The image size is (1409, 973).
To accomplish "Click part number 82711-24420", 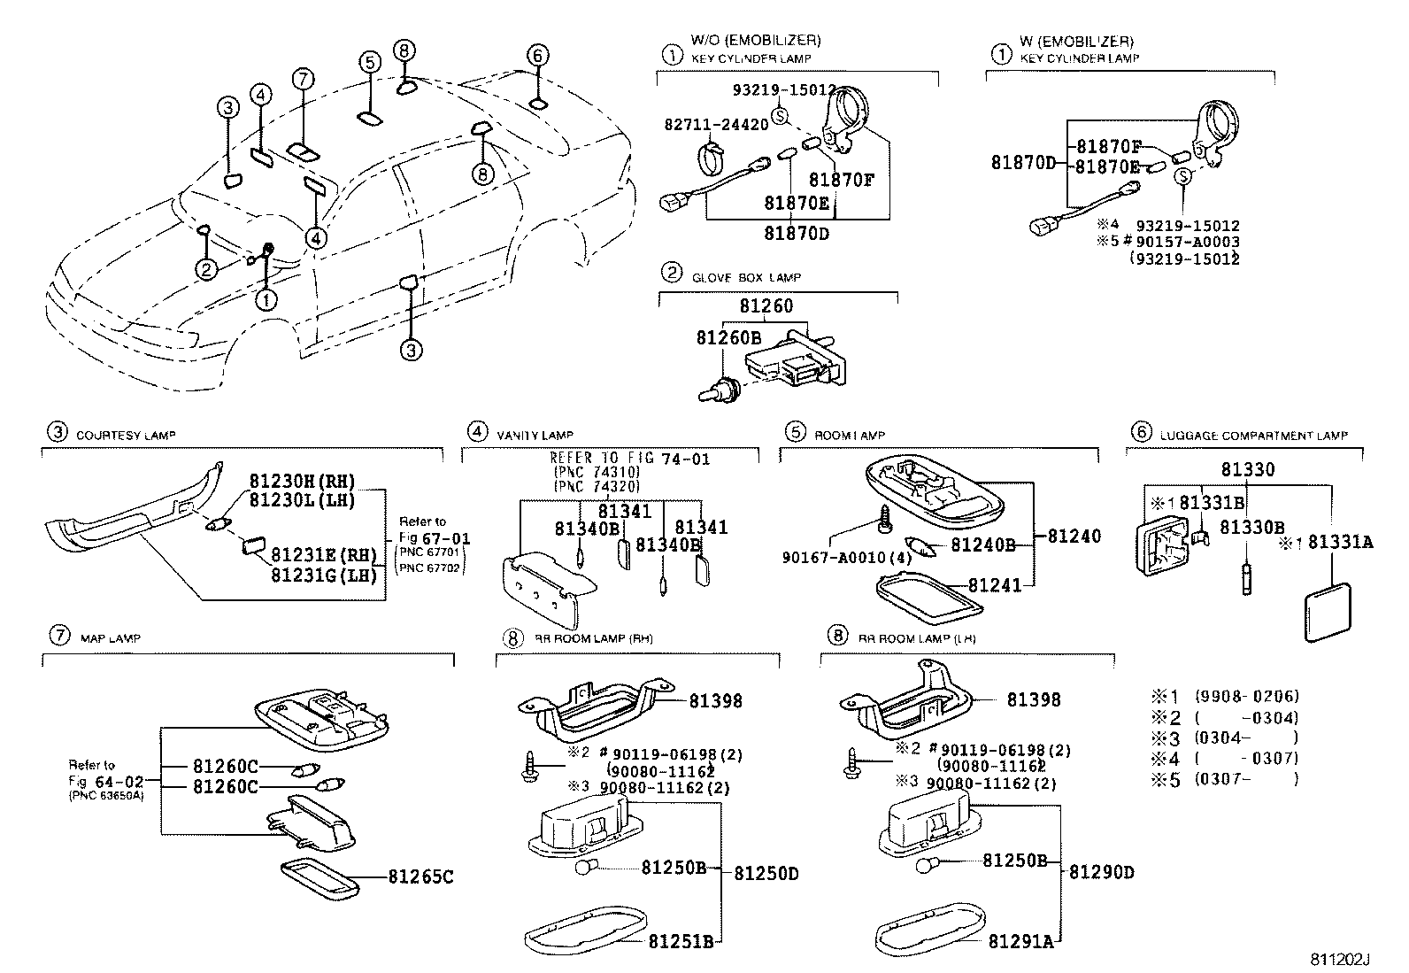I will click(716, 125).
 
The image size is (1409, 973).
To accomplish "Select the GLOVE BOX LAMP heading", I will click(746, 277).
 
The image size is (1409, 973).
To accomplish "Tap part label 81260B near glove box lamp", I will click(728, 338).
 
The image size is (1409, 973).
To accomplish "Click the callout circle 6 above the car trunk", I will click(536, 55).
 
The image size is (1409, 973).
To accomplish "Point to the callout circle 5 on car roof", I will click(370, 61).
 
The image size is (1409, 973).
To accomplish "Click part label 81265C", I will click(420, 877).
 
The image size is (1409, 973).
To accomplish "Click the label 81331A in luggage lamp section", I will click(1340, 543).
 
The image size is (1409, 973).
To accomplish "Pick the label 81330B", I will click(1251, 528).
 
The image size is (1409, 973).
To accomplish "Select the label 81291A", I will click(1020, 941).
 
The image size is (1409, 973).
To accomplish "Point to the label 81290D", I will click(1101, 872).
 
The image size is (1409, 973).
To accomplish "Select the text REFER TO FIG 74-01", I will click(629, 459).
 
